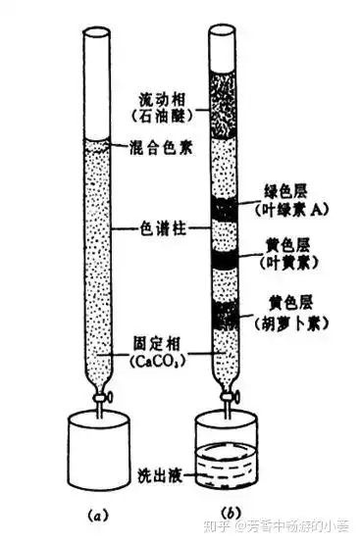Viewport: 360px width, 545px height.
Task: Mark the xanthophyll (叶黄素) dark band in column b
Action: [x=229, y=260]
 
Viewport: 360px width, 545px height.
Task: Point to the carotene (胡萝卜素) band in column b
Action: [x=229, y=315]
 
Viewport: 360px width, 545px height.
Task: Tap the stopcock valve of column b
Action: [x=235, y=398]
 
